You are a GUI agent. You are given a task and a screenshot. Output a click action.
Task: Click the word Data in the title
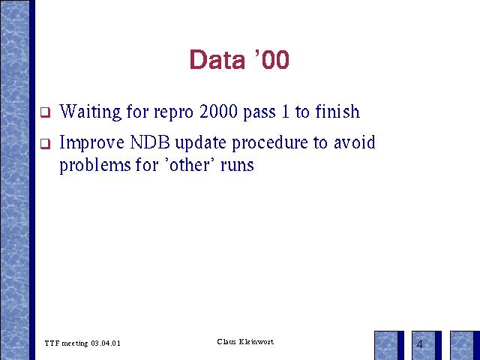217,59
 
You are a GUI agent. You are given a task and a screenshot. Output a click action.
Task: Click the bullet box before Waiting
45,112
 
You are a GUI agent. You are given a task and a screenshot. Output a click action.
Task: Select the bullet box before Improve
45,143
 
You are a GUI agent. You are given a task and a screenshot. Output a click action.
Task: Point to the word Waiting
90,112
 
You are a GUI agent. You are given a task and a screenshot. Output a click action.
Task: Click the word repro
173,113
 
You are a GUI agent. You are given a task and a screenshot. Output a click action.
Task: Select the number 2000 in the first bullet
218,112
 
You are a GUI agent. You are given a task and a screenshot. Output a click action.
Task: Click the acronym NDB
150,142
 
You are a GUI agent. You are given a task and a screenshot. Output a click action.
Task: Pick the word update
200,143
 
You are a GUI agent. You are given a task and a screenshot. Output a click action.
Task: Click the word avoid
355,142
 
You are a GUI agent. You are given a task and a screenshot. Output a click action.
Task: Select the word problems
95,166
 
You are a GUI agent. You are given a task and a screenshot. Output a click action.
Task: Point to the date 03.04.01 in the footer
106,343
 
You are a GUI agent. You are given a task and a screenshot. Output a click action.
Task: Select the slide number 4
420,344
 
